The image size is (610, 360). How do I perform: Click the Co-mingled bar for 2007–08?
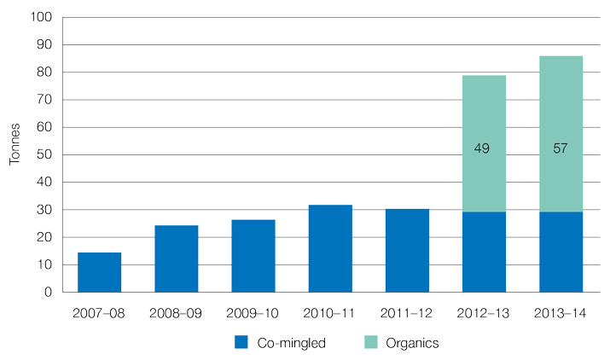[99, 272]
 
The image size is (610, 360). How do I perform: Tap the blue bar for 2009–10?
[253, 256]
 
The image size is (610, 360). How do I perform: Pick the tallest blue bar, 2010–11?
[330, 248]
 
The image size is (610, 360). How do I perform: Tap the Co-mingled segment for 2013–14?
[561, 252]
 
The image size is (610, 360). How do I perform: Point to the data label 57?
[561, 148]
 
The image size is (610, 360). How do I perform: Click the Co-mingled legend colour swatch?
[241, 342]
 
